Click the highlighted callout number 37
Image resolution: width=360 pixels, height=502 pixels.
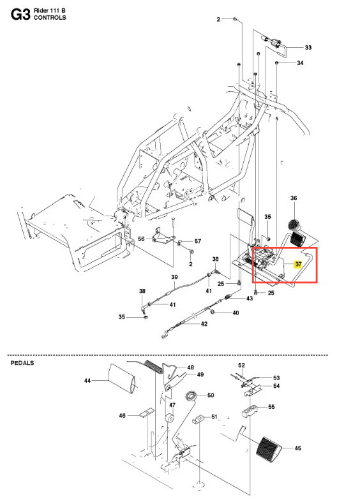[298, 264]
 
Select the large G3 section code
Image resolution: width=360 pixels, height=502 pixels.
[20, 15]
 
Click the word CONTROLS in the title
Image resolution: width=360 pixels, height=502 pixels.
[50, 18]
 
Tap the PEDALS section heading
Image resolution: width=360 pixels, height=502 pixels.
[22, 363]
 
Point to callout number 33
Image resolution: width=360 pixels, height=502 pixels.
[308, 47]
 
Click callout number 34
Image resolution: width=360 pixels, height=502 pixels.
[300, 63]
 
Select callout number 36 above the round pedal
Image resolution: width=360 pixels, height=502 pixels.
[294, 198]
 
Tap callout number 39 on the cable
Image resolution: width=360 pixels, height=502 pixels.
[174, 277]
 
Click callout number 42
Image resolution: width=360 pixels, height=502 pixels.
[204, 323]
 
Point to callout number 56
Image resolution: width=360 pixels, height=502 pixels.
[141, 239]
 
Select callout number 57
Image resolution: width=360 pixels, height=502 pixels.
[198, 240]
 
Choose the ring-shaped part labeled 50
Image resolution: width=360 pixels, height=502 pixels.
[191, 396]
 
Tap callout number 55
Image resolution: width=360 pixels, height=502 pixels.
[271, 407]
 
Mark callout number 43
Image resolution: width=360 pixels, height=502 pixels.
[249, 299]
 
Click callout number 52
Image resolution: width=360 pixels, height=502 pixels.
[241, 365]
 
